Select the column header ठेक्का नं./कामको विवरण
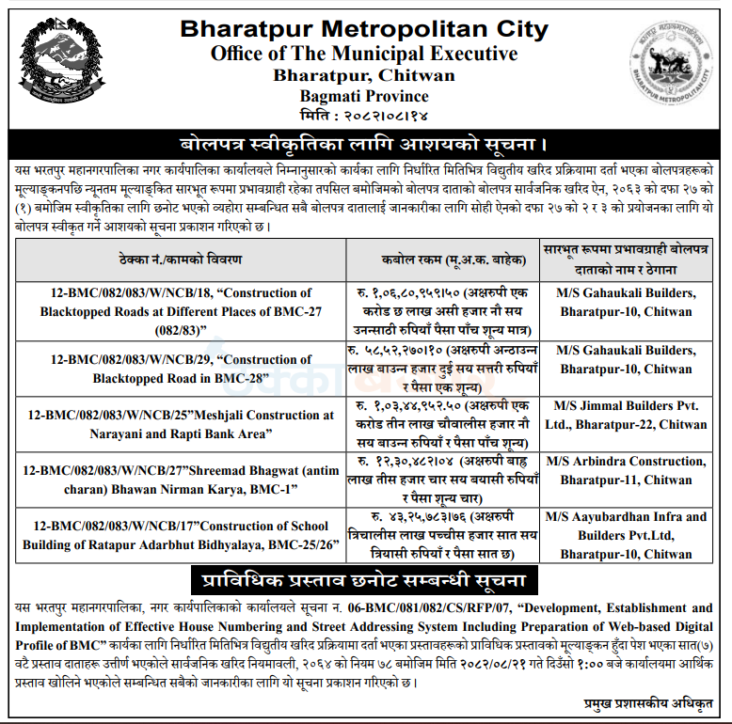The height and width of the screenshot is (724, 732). click(x=181, y=257)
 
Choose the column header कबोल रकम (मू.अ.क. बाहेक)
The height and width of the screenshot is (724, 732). click(x=440, y=257)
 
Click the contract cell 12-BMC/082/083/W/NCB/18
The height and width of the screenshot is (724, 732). click(x=181, y=311)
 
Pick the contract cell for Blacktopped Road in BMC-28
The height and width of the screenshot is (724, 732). click(x=181, y=369)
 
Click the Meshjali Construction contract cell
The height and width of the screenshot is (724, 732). click(x=181, y=424)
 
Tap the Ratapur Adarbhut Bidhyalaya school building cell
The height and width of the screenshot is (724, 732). click(x=181, y=535)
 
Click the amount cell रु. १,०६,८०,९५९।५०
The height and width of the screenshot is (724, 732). click(x=440, y=311)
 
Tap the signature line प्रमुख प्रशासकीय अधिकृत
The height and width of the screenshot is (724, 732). click(x=648, y=702)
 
